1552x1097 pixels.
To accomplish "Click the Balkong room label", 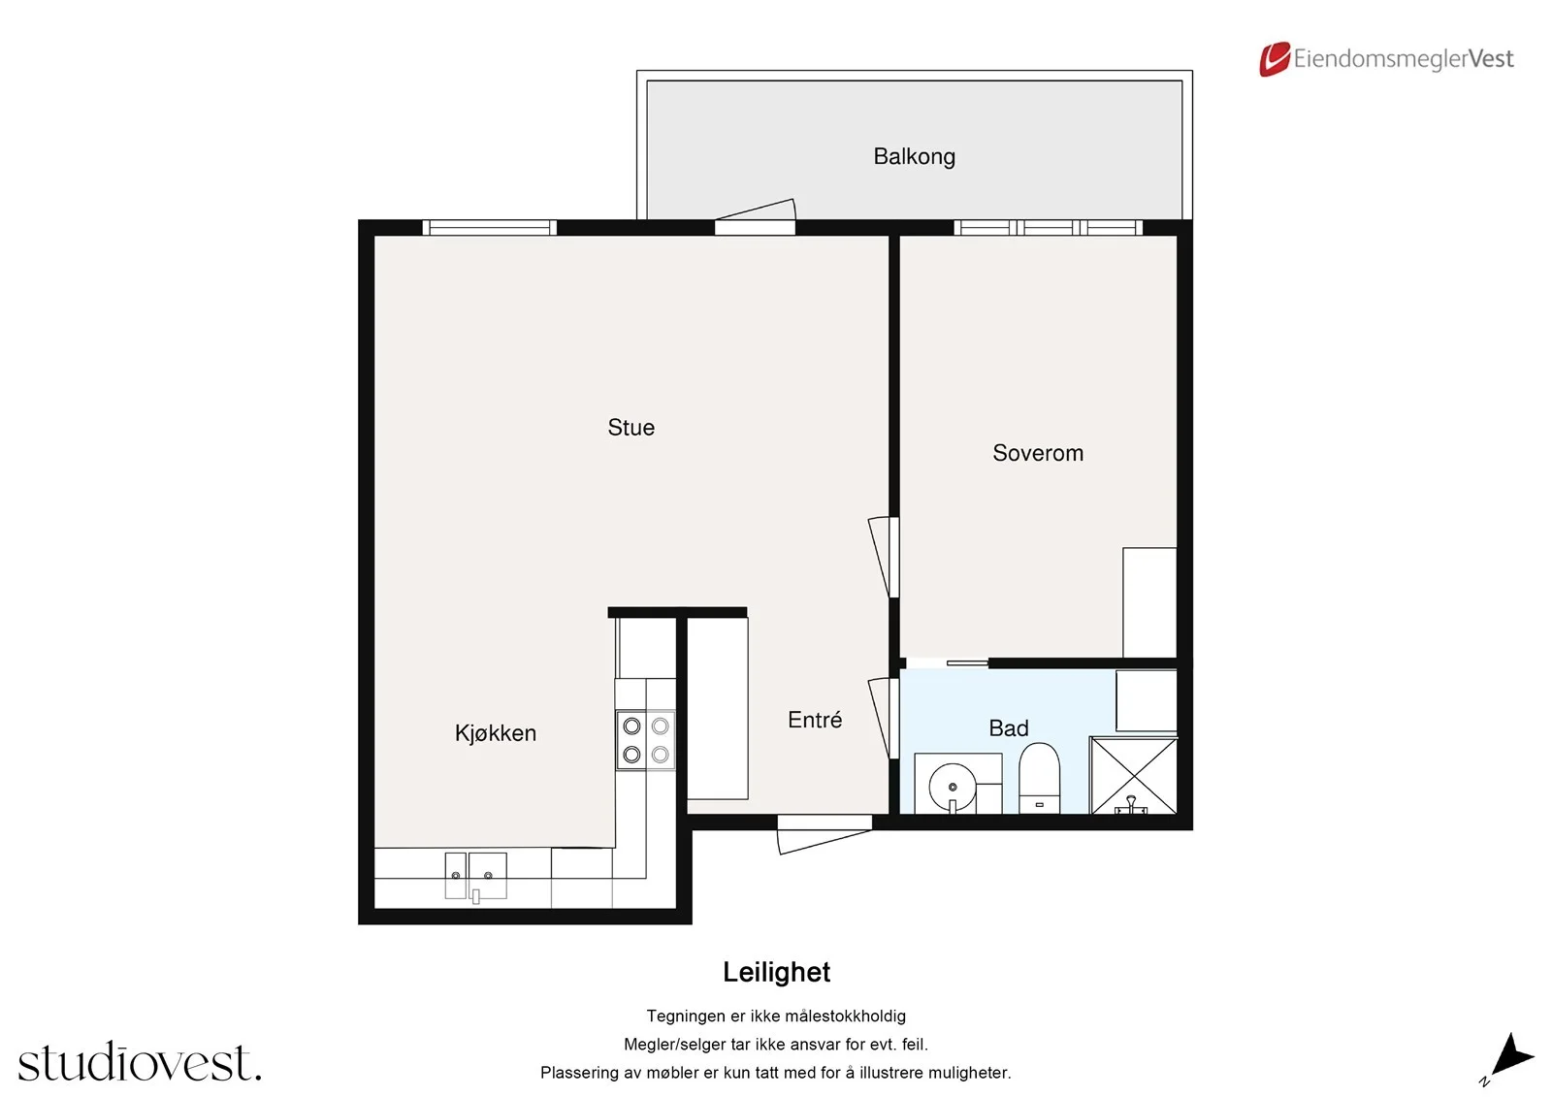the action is coord(914,156).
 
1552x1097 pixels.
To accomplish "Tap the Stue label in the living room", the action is coord(630,428).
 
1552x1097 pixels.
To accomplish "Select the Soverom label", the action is coord(1037,453).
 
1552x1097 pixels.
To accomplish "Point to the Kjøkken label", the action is coord(496,733).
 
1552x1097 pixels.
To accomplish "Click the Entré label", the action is coord(815,720).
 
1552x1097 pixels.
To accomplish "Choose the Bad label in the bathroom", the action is coord(1008,728).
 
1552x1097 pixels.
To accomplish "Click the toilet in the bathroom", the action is coord(1039,778).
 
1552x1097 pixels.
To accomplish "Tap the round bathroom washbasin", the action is coord(953,788).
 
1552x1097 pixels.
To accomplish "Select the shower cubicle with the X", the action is coord(1134,775).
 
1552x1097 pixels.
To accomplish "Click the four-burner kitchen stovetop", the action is coord(646,740).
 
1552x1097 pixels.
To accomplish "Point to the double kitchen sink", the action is coord(475,876).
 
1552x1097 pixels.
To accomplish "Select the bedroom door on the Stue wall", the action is coord(884,557).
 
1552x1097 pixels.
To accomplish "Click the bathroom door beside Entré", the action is coord(884,718).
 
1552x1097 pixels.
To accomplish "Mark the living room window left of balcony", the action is coord(489,227).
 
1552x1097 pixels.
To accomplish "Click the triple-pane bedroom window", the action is coord(1049,227).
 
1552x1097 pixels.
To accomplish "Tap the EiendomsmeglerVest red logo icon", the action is coord(1275,59).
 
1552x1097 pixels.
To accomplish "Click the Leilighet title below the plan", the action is coord(776,972).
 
